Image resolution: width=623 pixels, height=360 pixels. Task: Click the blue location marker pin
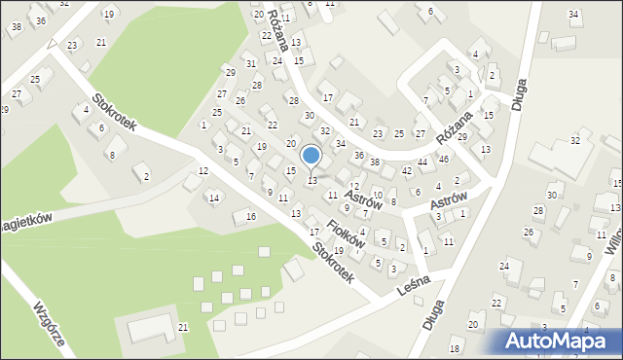[x=311, y=157]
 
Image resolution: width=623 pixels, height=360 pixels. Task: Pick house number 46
[x=444, y=159]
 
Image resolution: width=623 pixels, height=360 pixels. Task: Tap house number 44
[x=422, y=162]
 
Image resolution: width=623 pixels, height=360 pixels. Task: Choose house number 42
[x=407, y=170]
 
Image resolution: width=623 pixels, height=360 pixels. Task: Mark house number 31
[x=250, y=64]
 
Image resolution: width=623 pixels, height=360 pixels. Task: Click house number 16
[x=250, y=216]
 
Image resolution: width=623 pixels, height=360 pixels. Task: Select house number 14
[x=213, y=198]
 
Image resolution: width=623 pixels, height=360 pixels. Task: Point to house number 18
[x=455, y=348]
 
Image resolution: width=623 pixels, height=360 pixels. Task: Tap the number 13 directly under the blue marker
[x=311, y=180]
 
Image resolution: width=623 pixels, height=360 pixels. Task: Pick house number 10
[x=378, y=195]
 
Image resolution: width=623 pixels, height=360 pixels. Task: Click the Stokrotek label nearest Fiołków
[x=333, y=262]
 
